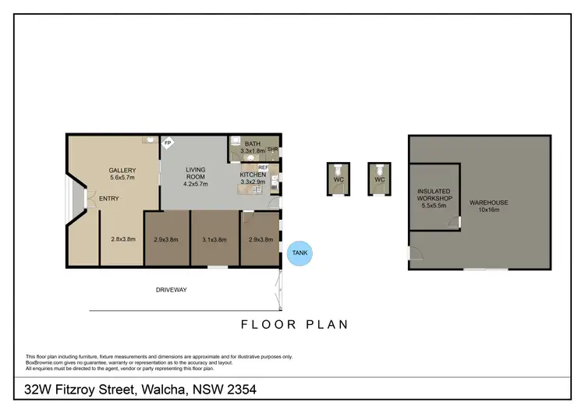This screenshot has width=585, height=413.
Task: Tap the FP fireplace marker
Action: pos(167,143)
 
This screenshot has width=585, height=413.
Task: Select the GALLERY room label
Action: pos(122,171)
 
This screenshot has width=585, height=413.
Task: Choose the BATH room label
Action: pos(252,144)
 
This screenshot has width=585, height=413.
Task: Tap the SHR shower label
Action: pos(273,150)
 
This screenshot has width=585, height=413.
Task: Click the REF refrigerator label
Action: pos(263,167)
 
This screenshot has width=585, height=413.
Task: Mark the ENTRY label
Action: pos(108,199)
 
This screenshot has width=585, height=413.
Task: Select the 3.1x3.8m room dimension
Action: pos(214,239)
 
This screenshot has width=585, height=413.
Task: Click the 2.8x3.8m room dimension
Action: pos(123,239)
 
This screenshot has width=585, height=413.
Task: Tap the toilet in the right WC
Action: pos(379,171)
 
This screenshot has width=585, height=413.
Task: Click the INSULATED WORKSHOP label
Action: pos(434,195)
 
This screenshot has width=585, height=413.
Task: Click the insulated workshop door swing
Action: pos(454,223)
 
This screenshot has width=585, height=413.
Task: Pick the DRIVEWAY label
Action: pos(170,290)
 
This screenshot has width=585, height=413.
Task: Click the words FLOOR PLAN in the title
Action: pos(293,324)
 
